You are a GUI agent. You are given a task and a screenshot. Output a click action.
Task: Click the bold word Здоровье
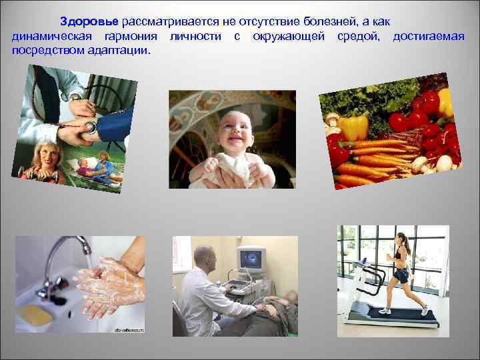(89, 21)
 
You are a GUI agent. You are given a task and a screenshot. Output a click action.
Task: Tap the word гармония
(133, 35)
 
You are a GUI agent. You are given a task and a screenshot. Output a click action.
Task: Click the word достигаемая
(429, 35)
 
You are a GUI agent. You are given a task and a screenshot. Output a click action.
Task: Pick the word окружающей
(289, 35)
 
